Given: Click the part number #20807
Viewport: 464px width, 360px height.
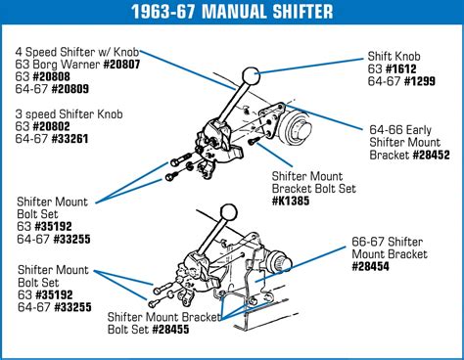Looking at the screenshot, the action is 121,65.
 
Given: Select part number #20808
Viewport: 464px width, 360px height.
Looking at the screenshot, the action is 51,76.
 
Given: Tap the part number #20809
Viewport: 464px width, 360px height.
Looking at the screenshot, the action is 70,89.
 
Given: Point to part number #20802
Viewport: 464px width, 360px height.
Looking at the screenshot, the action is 51,126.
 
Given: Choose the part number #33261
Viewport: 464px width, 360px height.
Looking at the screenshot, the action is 70,139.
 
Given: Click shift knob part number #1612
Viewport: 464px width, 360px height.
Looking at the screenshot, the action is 400,68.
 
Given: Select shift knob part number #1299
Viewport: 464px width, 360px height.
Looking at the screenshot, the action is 420,81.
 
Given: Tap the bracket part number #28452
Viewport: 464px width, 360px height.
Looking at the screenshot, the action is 431,155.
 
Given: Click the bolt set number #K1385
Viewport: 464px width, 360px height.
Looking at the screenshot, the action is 291,201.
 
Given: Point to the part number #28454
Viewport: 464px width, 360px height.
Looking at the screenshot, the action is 371,266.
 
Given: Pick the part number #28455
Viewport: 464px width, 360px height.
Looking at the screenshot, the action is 170,330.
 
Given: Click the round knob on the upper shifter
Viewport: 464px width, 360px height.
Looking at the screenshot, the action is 251,75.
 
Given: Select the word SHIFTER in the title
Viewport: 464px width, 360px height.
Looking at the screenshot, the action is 302,12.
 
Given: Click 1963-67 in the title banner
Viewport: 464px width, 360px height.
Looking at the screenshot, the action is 163,12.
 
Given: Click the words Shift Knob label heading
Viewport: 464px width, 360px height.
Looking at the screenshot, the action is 394,57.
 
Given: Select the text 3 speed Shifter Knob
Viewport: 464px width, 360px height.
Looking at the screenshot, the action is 69,114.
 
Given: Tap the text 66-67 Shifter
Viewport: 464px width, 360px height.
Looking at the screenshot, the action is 387,242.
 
